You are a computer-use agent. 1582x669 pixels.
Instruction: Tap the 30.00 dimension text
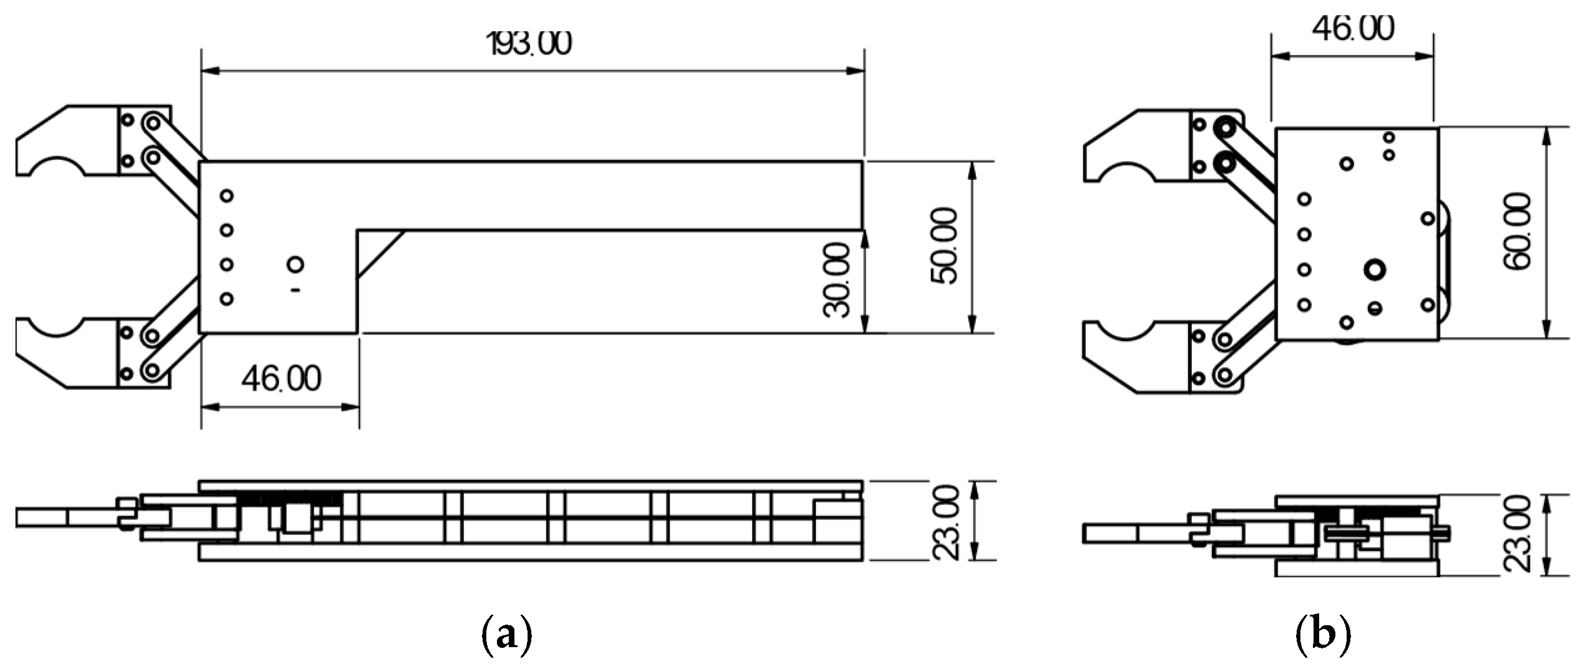[x=837, y=280]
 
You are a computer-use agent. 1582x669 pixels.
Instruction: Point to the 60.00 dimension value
[x=1518, y=232]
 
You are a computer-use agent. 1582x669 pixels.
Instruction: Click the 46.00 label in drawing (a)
[x=282, y=379]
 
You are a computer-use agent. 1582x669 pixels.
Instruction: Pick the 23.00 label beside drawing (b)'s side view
[x=1518, y=534]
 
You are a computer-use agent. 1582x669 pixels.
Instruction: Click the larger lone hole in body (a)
[x=295, y=264]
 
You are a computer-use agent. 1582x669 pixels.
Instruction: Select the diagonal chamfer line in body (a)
[x=381, y=254]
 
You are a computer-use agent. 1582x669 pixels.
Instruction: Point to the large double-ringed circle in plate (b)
[x=1375, y=270]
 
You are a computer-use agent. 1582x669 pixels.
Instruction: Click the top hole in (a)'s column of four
[x=227, y=196]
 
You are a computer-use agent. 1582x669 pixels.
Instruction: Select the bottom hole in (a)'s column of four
[x=227, y=299]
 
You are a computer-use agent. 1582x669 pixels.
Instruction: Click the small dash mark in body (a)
[x=295, y=290]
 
